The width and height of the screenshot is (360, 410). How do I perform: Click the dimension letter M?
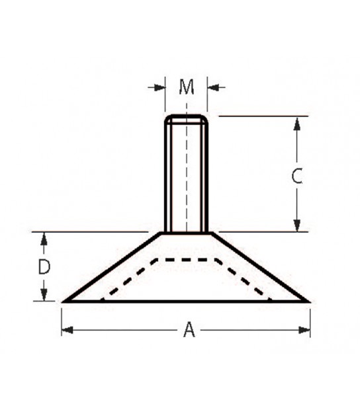(187, 87)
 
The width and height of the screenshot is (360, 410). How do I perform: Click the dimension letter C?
(297, 176)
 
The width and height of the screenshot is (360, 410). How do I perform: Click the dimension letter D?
(44, 266)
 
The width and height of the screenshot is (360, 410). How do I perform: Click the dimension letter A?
(189, 330)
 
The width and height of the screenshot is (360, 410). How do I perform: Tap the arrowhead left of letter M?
(160, 87)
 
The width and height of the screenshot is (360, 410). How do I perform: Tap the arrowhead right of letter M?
(213, 87)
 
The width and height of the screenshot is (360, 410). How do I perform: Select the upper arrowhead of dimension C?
(296, 124)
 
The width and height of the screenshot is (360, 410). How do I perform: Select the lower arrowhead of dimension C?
(296, 225)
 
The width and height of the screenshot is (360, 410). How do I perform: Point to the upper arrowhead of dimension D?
(44, 239)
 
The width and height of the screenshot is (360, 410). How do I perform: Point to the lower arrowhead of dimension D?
(44, 294)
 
